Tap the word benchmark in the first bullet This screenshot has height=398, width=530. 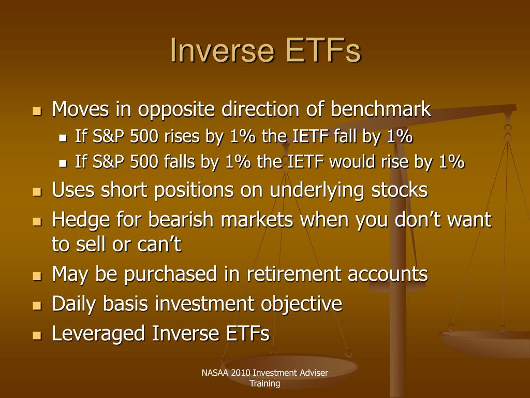[x=380, y=109]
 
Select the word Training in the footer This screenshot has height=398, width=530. [x=265, y=383]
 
